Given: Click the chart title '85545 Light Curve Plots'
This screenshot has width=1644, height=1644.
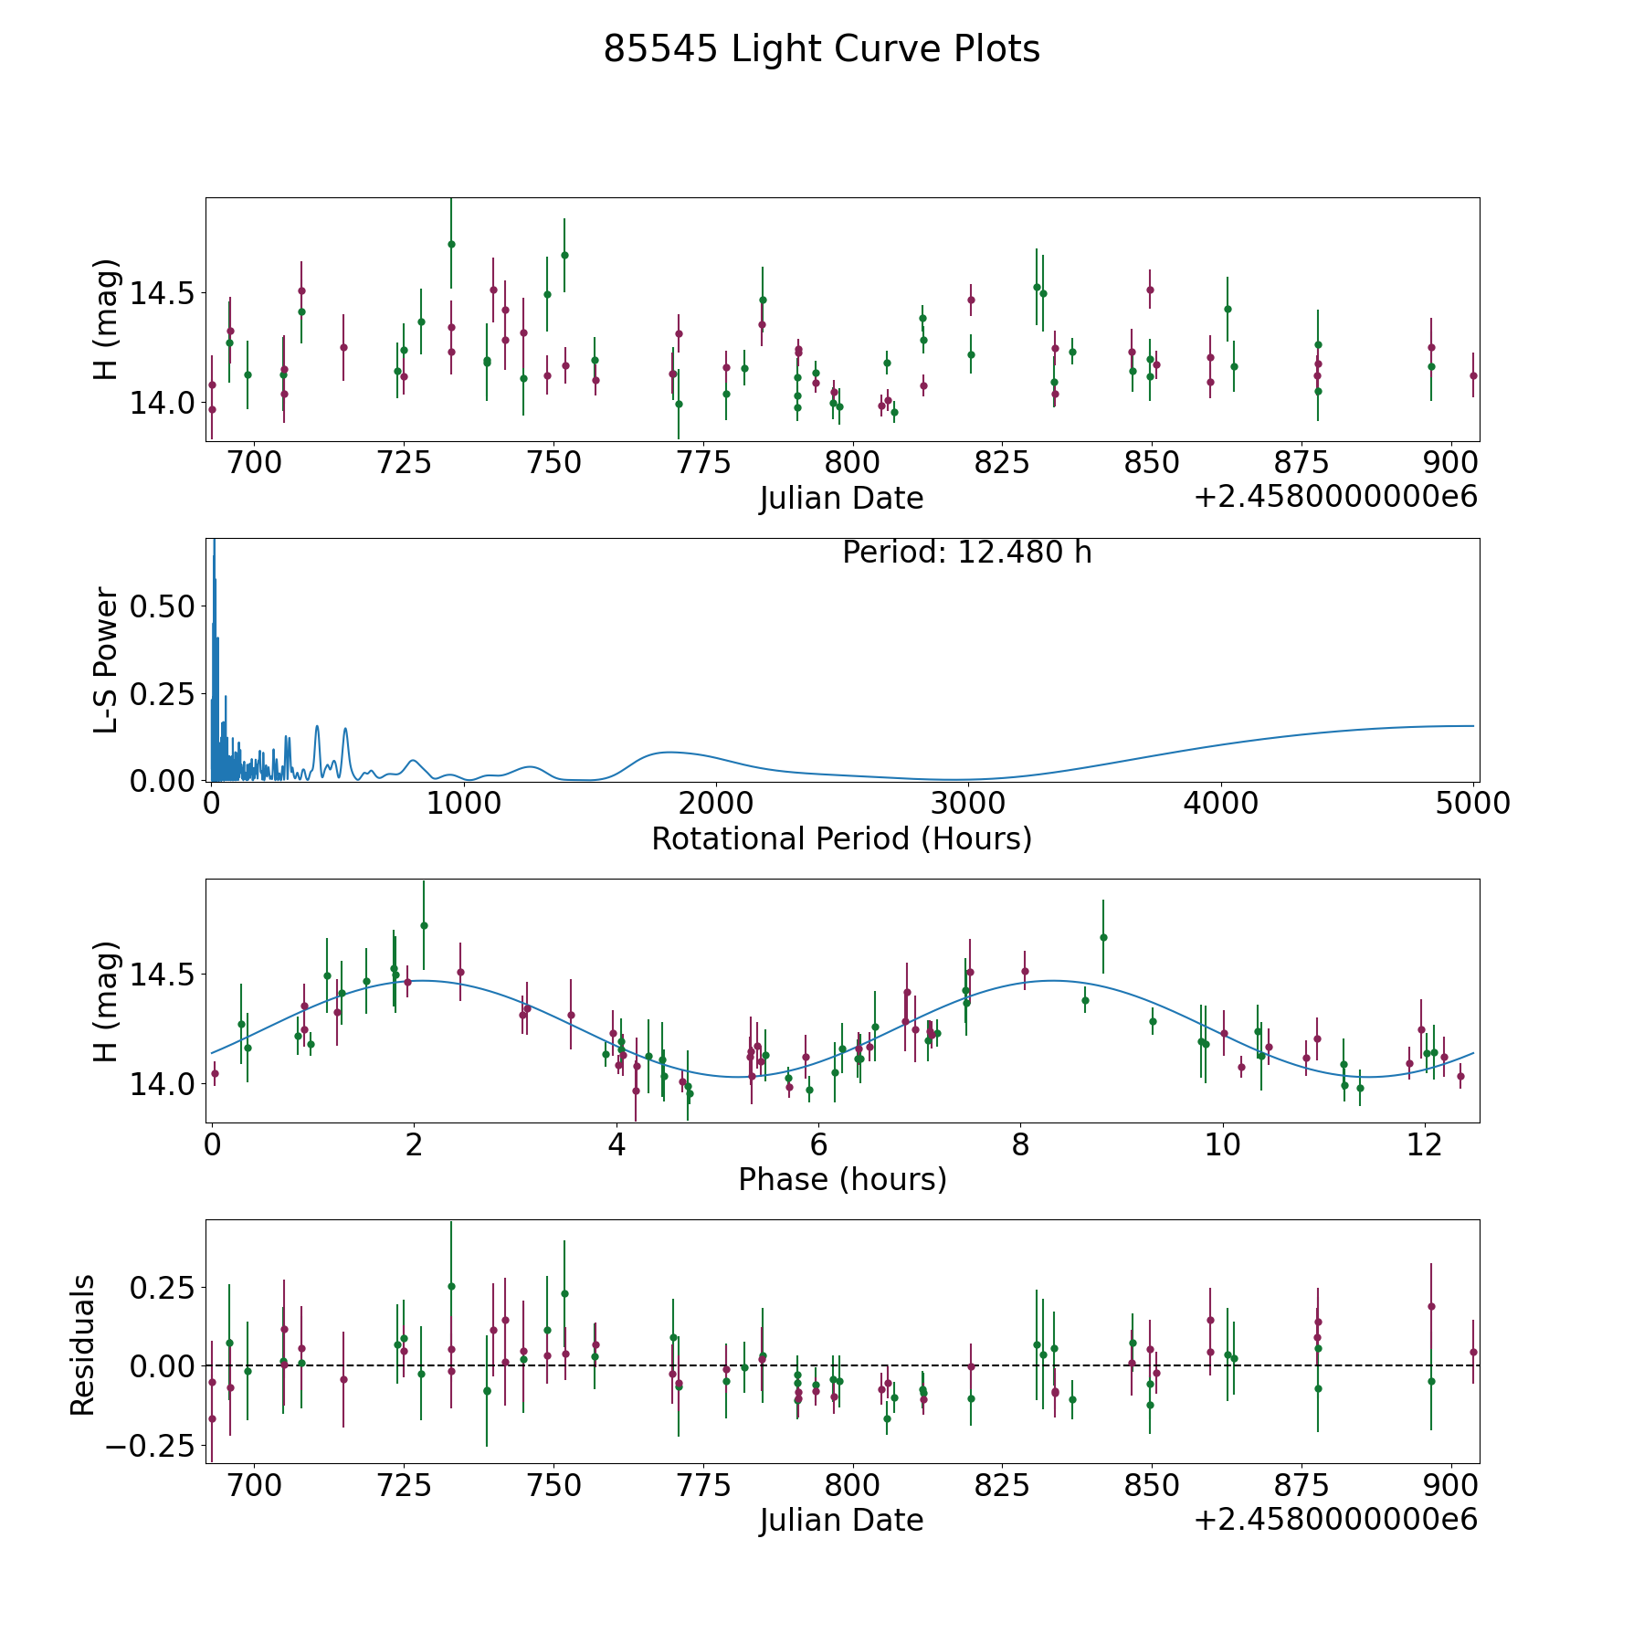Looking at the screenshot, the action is click(x=821, y=49).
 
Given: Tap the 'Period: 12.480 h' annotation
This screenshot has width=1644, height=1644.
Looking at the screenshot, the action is click(x=967, y=553).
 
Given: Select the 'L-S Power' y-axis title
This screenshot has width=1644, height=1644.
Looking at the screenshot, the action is click(x=107, y=659).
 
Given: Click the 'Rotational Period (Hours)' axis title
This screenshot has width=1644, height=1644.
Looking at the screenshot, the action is click(x=841, y=838).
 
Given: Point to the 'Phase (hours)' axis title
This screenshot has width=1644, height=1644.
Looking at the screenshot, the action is click(x=842, y=1179).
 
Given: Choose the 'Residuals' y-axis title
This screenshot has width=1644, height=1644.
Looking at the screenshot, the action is click(x=83, y=1345).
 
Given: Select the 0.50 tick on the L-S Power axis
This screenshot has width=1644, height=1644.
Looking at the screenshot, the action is click(x=163, y=606).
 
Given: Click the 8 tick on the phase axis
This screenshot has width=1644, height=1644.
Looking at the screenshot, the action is click(x=1020, y=1144).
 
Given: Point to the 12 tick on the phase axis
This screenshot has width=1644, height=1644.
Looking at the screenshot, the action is click(x=1424, y=1144).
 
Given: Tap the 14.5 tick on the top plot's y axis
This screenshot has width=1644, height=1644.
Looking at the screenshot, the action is click(x=163, y=293).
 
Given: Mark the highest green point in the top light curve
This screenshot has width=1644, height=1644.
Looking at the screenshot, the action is click(x=451, y=244).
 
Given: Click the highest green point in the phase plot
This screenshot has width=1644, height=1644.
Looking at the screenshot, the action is click(x=424, y=925).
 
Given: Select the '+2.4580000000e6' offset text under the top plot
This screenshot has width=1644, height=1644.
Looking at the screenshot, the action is click(x=1335, y=497).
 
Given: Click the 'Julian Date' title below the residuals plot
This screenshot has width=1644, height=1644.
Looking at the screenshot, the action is click(x=841, y=1520).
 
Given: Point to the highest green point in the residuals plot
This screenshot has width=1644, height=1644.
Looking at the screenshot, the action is click(x=451, y=1286).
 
